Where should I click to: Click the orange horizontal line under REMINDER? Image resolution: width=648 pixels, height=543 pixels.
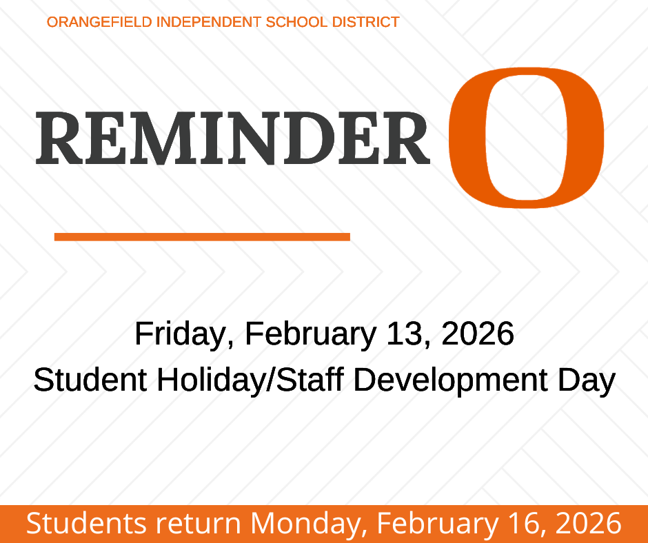click(202, 237)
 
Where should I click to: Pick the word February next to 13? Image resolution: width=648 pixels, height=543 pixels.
click(311, 334)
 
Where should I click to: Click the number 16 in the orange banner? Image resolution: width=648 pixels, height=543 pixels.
click(525, 524)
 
